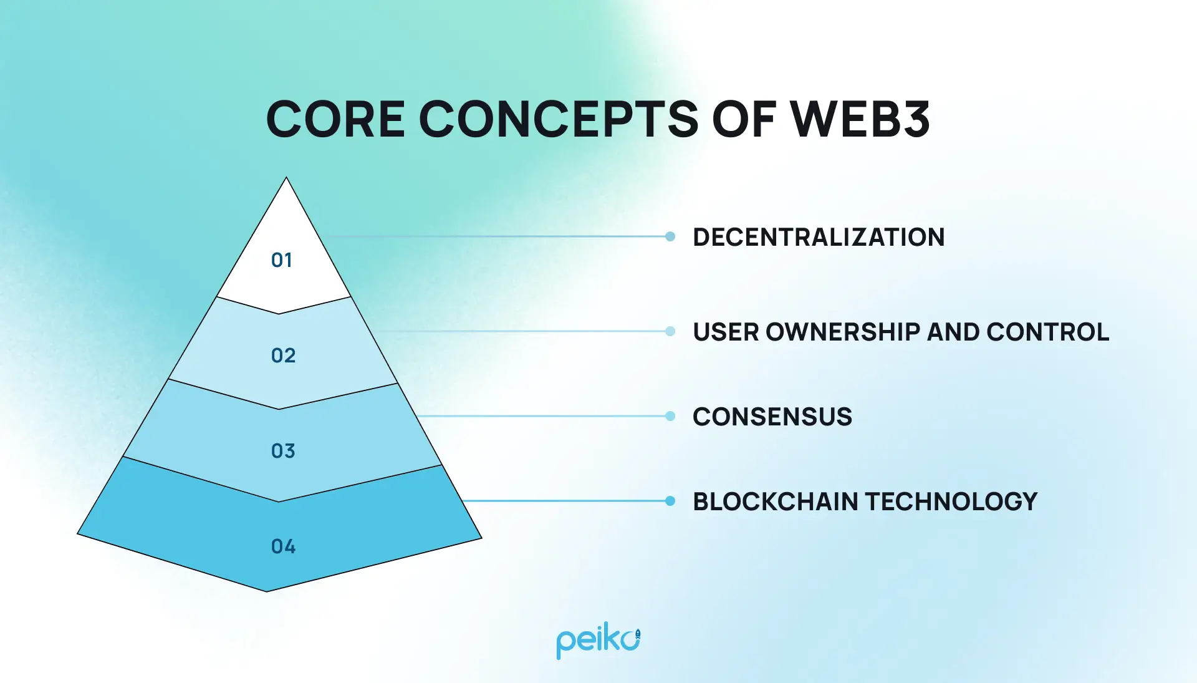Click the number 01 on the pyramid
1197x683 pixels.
[x=282, y=260]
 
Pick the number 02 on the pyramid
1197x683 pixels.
[x=283, y=356]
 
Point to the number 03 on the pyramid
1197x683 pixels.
[x=283, y=451]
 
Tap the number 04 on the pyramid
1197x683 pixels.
[x=283, y=546]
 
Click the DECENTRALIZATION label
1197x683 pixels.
[x=819, y=237]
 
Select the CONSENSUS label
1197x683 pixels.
[x=772, y=417]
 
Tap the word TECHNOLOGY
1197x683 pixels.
[x=951, y=501]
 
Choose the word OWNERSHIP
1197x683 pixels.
[x=843, y=332]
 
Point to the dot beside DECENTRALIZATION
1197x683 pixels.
[x=670, y=236]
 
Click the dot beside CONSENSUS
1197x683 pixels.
[x=670, y=416]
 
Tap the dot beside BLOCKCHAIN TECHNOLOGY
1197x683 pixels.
[x=670, y=501]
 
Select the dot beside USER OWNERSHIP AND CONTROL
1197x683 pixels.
[x=670, y=331]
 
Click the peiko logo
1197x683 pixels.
[x=598, y=641]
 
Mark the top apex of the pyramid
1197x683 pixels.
[x=286, y=179]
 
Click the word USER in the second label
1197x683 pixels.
[x=726, y=332]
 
